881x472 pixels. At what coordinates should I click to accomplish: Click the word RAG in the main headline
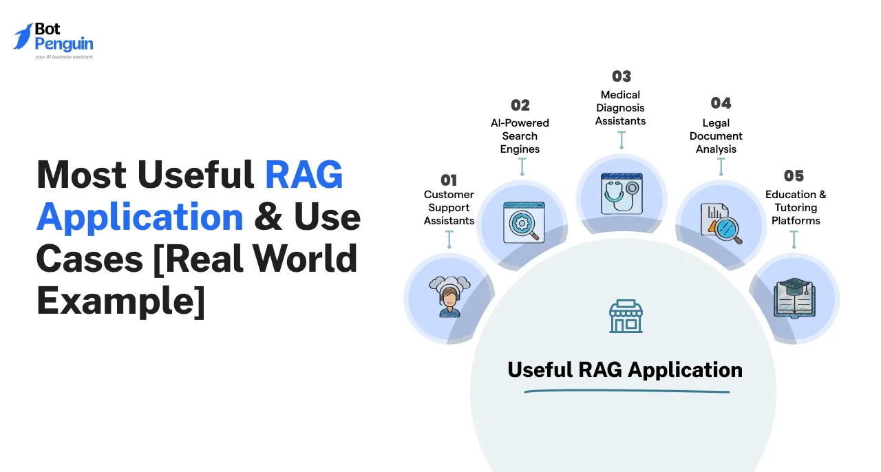(304, 176)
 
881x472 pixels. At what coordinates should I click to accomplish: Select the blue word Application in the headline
(140, 217)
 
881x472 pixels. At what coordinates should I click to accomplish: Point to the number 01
(449, 180)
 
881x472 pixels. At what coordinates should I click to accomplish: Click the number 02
(520, 105)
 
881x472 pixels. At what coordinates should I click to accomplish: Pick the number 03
(621, 76)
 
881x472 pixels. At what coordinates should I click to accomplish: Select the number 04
(721, 103)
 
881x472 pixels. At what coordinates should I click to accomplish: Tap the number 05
(794, 176)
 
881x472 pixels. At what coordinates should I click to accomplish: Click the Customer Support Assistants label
(449, 208)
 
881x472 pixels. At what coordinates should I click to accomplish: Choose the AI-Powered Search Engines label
(520, 136)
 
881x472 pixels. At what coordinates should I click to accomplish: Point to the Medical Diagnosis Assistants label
(621, 108)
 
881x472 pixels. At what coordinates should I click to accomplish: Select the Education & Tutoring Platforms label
(796, 208)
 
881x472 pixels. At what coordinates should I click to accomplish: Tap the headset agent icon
(449, 297)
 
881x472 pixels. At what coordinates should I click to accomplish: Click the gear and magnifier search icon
(523, 222)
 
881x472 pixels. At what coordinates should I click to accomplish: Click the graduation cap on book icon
(794, 297)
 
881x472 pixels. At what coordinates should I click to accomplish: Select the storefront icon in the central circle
(626, 317)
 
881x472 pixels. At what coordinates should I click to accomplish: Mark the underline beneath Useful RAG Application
(626, 392)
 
